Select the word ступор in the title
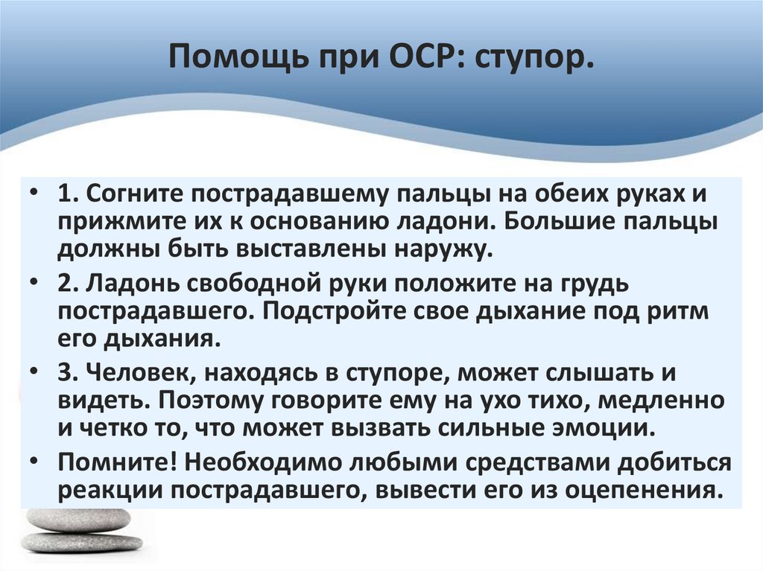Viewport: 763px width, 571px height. (534, 58)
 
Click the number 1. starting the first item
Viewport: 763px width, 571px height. (69, 195)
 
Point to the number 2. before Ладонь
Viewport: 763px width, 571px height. (69, 283)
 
